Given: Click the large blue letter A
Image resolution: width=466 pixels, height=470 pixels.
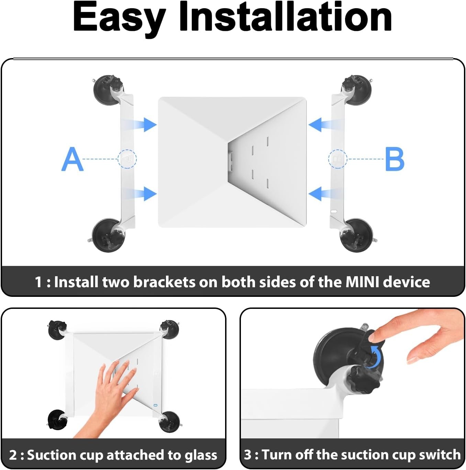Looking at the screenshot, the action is [x=72, y=159].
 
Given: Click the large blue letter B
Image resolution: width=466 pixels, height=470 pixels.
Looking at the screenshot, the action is [x=395, y=159].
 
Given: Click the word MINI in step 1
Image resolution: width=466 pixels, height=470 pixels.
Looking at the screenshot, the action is [x=362, y=282].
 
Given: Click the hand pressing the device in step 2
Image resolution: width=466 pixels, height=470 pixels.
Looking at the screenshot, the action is [x=115, y=393].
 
